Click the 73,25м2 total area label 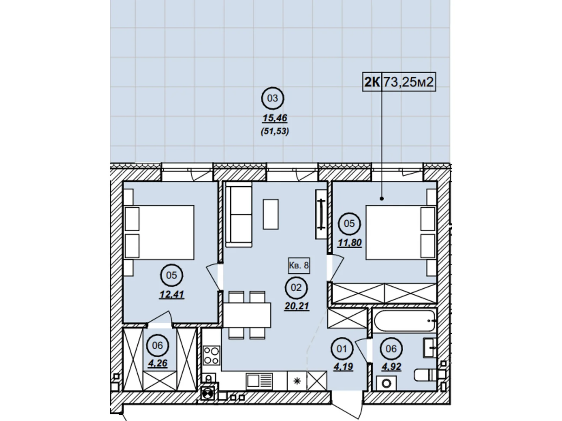(409, 82)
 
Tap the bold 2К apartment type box (372, 82)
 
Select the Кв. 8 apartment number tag (299, 265)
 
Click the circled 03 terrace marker (273, 98)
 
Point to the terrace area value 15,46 (275, 118)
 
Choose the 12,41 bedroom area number (171, 294)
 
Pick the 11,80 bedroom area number (349, 242)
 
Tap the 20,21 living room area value (296, 306)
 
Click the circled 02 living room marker (296, 288)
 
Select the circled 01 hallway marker (342, 349)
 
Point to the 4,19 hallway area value (343, 367)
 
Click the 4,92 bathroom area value (391, 367)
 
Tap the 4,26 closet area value (157, 363)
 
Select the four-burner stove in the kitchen (211, 355)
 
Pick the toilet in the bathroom (425, 375)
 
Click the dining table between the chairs (247, 315)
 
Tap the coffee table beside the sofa (271, 214)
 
